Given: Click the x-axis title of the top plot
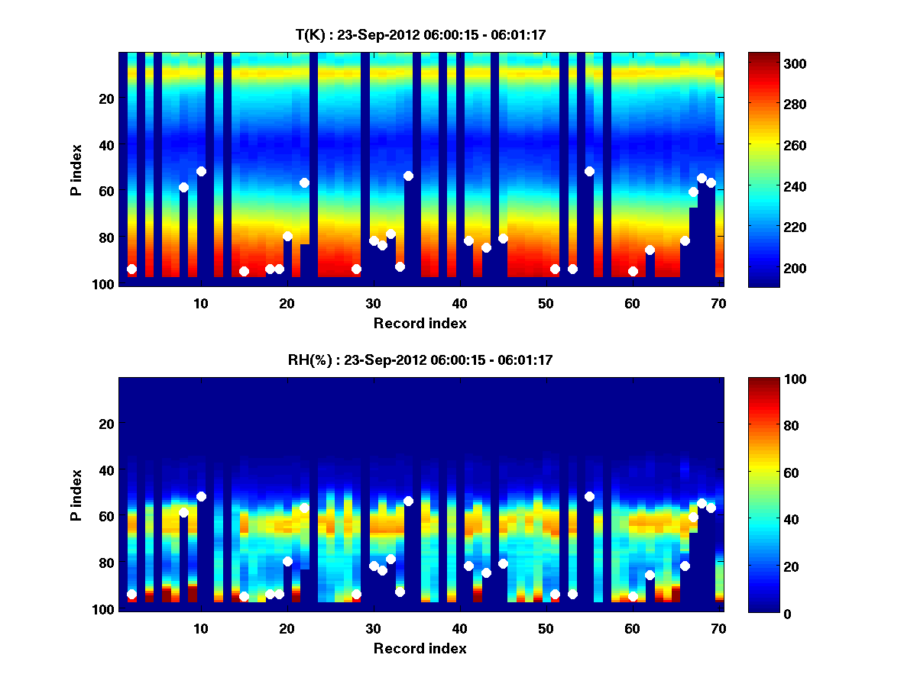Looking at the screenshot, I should [x=420, y=323].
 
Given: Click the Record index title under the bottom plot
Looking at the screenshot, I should [x=420, y=648].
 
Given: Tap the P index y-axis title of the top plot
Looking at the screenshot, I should [x=76, y=170].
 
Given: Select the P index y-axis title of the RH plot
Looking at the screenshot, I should [x=76, y=495].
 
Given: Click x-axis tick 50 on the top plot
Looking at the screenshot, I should [x=546, y=303].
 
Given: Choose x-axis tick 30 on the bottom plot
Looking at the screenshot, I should [x=373, y=628].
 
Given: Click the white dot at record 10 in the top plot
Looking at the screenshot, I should [x=201, y=171].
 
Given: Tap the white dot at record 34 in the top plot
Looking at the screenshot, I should [x=408, y=176].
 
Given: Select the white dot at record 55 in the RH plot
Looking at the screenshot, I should [x=589, y=496].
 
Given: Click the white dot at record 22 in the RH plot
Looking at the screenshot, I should [x=304, y=508].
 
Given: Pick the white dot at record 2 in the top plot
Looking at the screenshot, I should [x=131, y=269].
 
